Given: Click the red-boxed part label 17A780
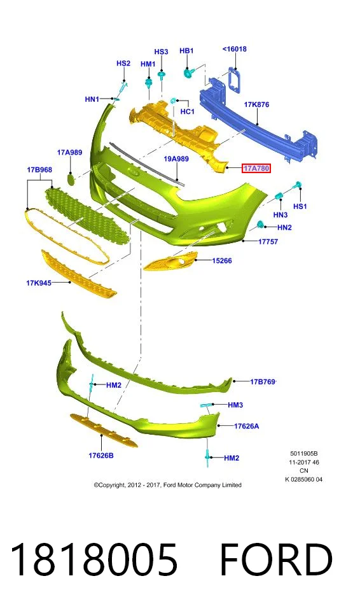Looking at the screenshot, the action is [x=256, y=168].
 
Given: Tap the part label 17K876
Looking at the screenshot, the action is [x=256, y=104].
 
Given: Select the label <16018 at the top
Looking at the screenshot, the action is [x=235, y=49].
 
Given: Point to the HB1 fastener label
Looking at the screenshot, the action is [x=186, y=51].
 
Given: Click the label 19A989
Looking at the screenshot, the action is [x=176, y=158].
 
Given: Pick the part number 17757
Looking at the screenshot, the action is [x=268, y=242].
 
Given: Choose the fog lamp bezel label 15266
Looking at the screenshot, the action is [x=222, y=261].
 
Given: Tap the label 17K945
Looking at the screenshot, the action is [x=39, y=283].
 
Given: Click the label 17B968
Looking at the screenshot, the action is [x=39, y=170].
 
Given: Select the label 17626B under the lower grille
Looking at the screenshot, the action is [x=101, y=455].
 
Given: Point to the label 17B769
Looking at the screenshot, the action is [x=263, y=381].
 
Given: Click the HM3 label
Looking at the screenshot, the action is [x=235, y=405].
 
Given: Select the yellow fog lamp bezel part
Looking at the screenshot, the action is [x=171, y=261].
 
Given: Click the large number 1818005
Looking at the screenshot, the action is [x=94, y=559].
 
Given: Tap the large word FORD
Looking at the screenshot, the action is [x=276, y=559].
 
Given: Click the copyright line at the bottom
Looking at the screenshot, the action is [x=167, y=485].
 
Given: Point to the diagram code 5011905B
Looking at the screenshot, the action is [x=304, y=454].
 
